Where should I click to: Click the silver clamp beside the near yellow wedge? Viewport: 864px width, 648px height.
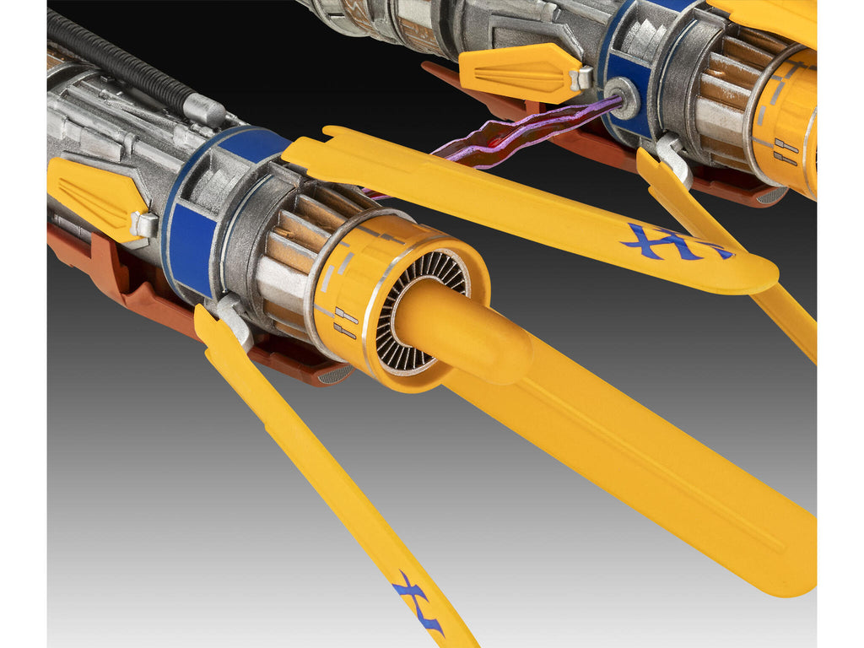click(x=143, y=224)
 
